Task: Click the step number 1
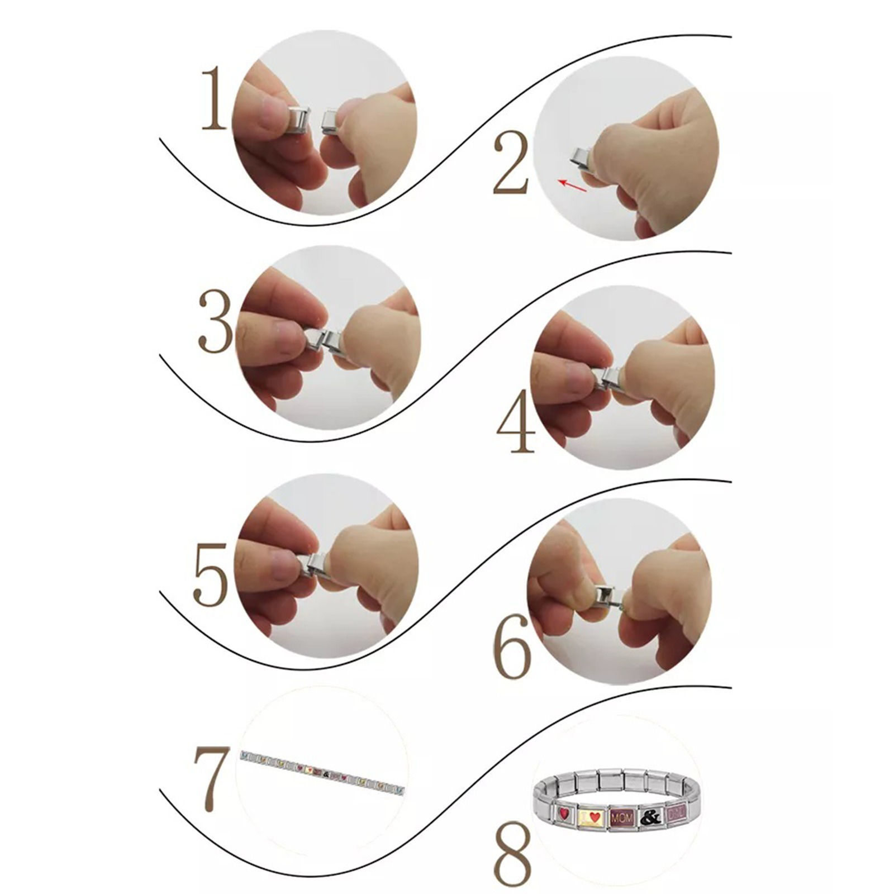215,98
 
